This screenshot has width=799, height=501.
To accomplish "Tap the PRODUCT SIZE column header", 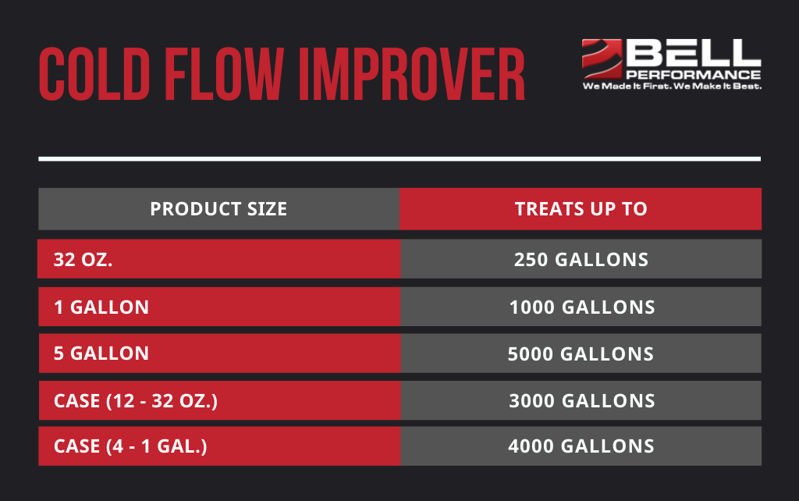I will pyautogui.click(x=218, y=209).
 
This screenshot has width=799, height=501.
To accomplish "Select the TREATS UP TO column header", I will pyautogui.click(x=581, y=209).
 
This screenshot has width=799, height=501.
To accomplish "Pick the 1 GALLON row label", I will pyautogui.click(x=101, y=307).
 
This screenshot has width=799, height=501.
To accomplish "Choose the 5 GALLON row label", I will pyautogui.click(x=101, y=354).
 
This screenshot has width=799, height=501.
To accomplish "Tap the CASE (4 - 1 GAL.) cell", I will pyautogui.click(x=130, y=446).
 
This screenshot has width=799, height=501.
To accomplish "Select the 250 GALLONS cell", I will pyautogui.click(x=581, y=260).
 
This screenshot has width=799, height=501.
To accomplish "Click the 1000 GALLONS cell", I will pyautogui.click(x=581, y=307).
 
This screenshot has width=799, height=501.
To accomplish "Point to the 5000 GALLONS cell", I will pyautogui.click(x=581, y=354).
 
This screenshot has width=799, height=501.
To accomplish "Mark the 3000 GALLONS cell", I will pyautogui.click(x=581, y=401).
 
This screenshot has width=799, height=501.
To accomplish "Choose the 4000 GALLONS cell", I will pyautogui.click(x=581, y=446).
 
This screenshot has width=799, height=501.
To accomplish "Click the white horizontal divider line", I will pyautogui.click(x=399, y=158).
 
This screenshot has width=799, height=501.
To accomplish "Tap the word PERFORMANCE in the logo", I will pyautogui.click(x=694, y=74).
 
